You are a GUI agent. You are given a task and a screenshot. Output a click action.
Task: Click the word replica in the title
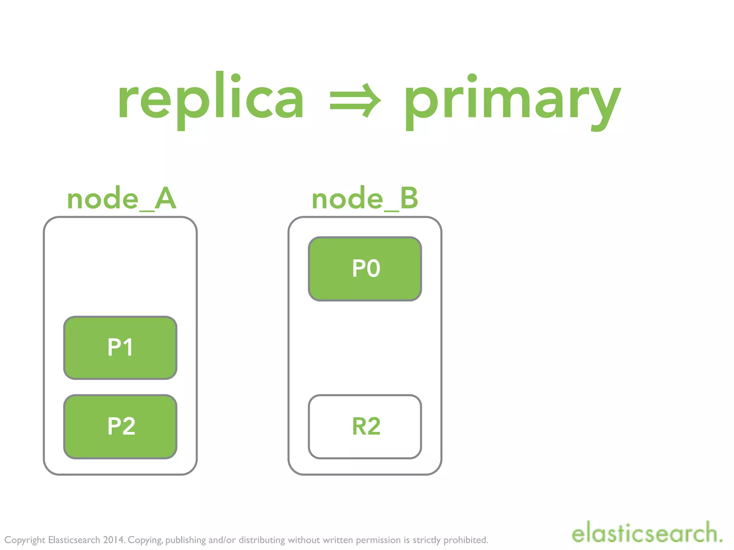211,98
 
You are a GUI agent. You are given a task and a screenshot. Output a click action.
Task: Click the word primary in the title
513,100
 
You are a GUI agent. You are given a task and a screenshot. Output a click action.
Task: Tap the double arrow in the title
355,100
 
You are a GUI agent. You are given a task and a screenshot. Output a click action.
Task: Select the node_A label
121,199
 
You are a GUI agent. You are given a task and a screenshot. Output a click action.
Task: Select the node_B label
365,199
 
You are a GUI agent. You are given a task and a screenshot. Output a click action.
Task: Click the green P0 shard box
365,269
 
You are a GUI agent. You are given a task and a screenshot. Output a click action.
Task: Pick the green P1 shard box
120,347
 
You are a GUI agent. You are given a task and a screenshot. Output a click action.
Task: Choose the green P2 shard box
120,426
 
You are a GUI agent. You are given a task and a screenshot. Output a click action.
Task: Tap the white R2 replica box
365,426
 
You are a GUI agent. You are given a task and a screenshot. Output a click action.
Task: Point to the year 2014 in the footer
114,540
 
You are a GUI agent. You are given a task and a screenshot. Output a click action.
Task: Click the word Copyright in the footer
25,540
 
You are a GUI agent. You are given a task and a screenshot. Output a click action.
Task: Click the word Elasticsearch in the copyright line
74,540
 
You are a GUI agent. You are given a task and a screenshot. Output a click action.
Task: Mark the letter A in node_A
165,199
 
